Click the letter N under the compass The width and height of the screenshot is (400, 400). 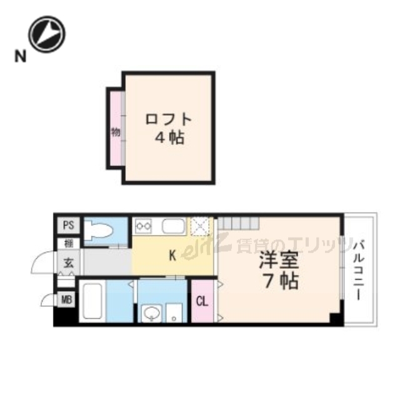(x=20, y=58)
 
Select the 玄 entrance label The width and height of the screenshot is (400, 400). (x=67, y=262)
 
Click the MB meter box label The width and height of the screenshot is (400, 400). (x=66, y=301)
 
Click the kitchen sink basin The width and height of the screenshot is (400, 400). (x=173, y=226)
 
